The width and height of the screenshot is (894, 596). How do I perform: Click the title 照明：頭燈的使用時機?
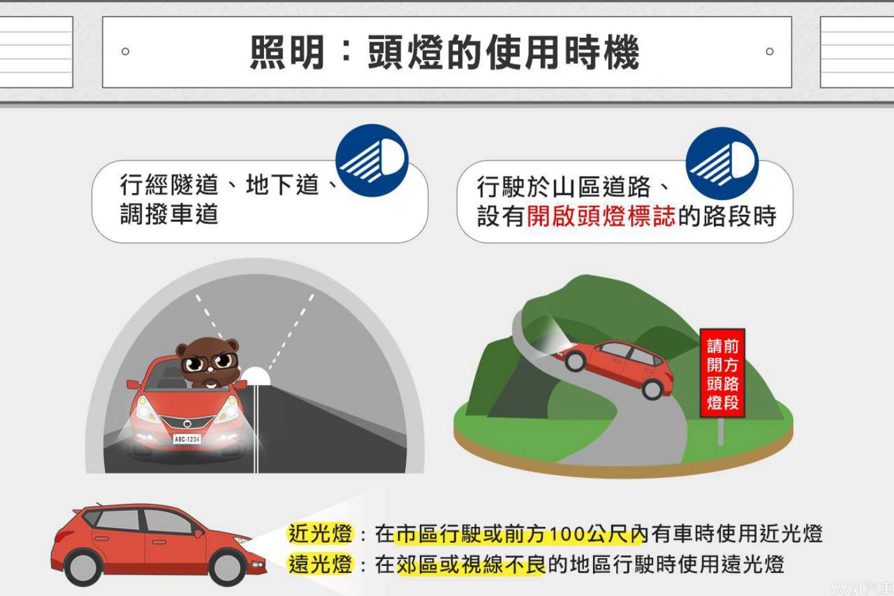point(444,52)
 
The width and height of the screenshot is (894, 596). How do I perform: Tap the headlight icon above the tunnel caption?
point(372,160)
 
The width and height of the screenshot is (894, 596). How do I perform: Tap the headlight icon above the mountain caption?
point(722,163)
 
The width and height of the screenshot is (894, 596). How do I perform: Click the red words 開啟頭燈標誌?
point(601,216)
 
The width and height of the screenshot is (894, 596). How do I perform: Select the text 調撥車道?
point(169,214)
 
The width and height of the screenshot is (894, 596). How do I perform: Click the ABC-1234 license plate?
point(187,439)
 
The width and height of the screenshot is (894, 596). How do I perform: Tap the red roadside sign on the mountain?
point(722,373)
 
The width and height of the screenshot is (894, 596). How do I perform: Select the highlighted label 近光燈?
point(321,533)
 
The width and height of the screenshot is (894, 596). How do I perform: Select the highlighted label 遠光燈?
point(321,564)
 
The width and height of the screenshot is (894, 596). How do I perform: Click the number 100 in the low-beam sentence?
point(568,534)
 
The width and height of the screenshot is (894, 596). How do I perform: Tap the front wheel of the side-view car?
point(226,567)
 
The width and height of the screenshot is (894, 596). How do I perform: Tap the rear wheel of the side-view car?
point(84,567)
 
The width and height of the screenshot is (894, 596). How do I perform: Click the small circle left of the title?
point(125,52)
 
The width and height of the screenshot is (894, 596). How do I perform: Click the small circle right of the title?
point(770,52)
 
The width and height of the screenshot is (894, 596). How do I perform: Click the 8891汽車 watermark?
point(861,588)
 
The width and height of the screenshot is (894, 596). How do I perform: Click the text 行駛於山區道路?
point(564,187)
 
